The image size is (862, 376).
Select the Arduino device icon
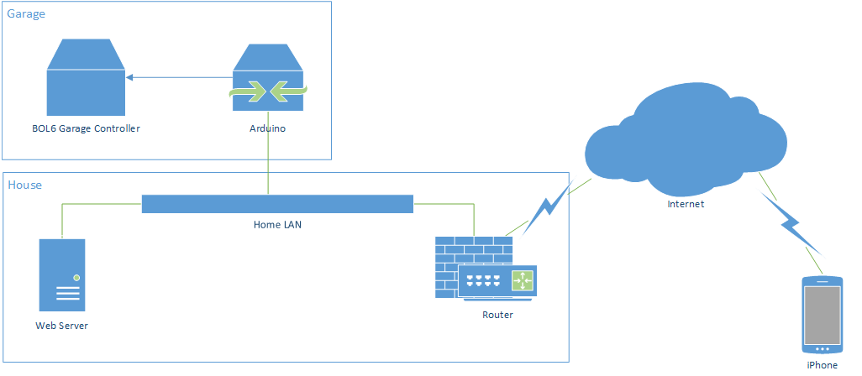(x=268, y=80)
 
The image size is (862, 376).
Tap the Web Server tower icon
(x=62, y=275)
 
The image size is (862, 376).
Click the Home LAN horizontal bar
(x=277, y=204)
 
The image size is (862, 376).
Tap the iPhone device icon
(x=823, y=315)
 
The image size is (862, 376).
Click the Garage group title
(x=27, y=14)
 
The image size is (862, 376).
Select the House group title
(x=24, y=185)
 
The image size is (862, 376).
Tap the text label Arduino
(x=267, y=129)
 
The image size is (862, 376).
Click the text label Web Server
(x=61, y=326)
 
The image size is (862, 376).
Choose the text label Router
(x=497, y=315)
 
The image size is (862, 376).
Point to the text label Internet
(x=686, y=204)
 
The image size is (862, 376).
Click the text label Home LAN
(x=277, y=225)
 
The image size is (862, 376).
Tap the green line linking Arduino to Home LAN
(x=268, y=164)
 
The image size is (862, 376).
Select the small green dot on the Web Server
(x=76, y=277)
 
